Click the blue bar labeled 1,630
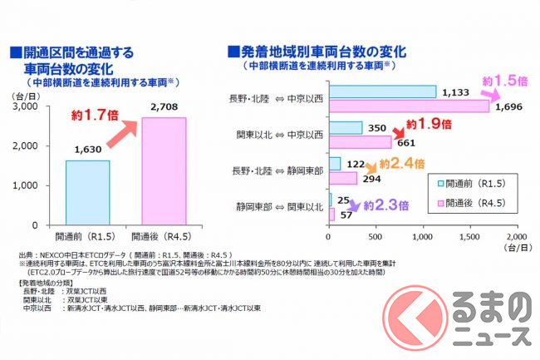pos(87,192)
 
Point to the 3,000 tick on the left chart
pos(26,107)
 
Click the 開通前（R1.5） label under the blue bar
pos(87,235)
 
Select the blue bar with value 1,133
pos(382,92)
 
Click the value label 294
pos(371,179)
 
